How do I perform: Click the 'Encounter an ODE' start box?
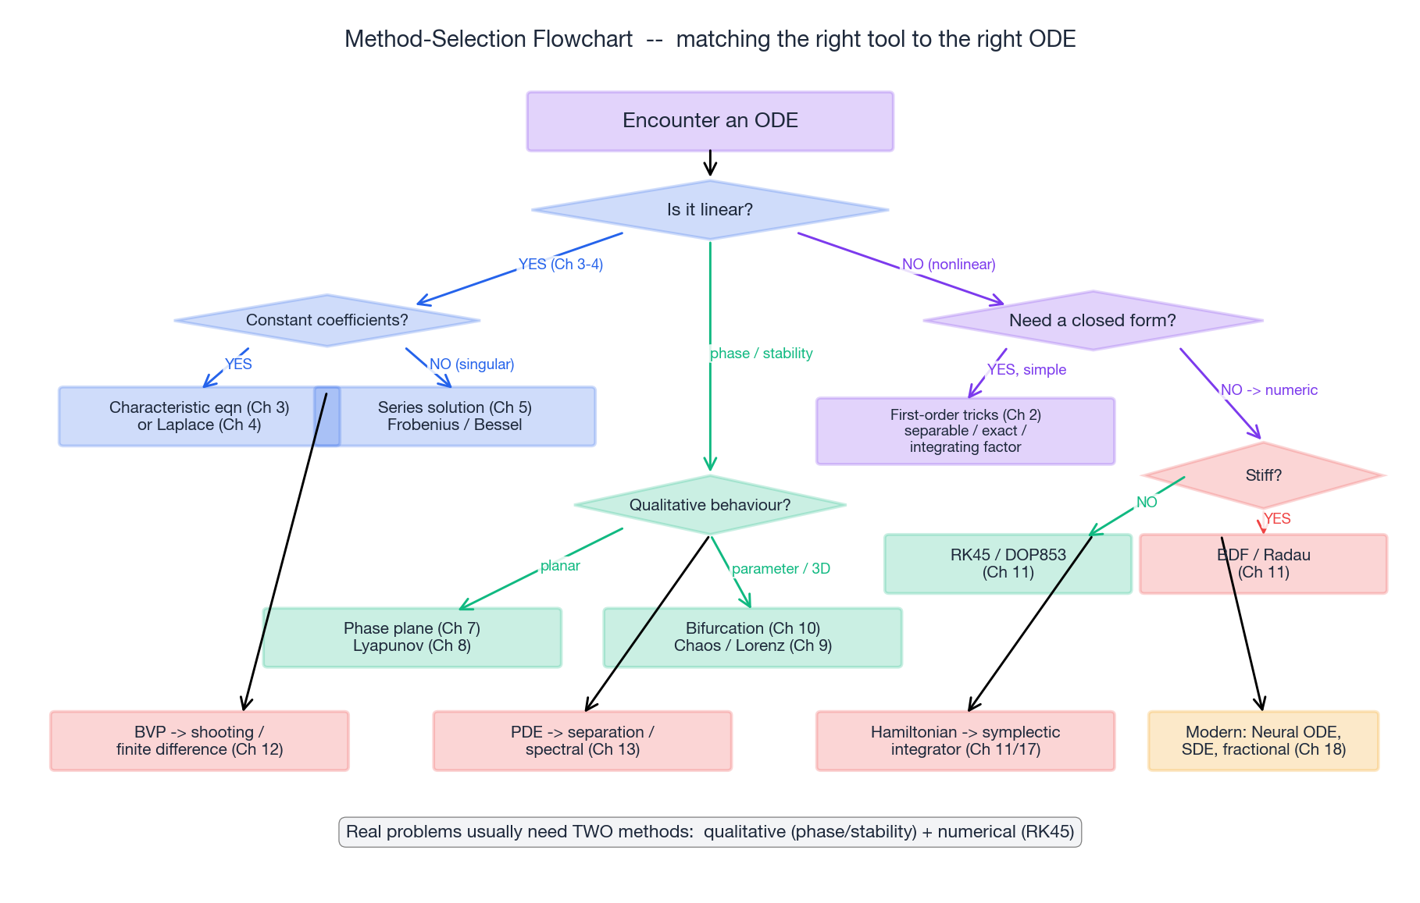pyautogui.click(x=710, y=121)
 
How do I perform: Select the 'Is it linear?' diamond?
pyautogui.click(x=710, y=210)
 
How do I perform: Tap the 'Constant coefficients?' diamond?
pyautogui.click(x=326, y=320)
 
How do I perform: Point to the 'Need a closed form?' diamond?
pyautogui.click(x=1092, y=320)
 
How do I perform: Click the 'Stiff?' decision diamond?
pyautogui.click(x=1263, y=475)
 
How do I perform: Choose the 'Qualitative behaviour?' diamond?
pyautogui.click(x=710, y=505)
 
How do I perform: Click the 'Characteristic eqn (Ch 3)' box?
pyautogui.click(x=187, y=416)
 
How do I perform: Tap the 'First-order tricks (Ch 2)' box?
pyautogui.click(x=965, y=431)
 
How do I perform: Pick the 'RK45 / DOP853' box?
pyautogui.click(x=1008, y=563)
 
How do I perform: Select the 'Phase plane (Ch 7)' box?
pyautogui.click(x=412, y=637)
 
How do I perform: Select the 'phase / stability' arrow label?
pyautogui.click(x=761, y=354)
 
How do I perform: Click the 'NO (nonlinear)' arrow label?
pyautogui.click(x=948, y=265)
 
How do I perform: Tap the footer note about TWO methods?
pyautogui.click(x=710, y=832)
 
